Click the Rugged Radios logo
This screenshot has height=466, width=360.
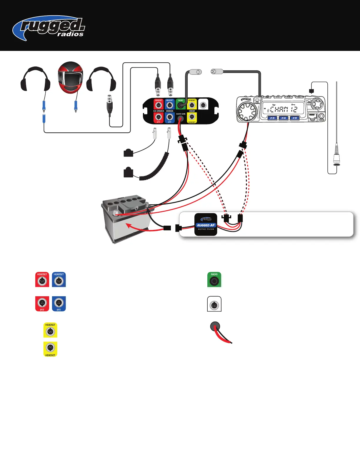(x=49, y=28)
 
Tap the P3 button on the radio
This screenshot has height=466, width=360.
(x=272, y=118)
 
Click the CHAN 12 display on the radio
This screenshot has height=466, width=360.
(x=283, y=109)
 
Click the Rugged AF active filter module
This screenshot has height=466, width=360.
(x=206, y=225)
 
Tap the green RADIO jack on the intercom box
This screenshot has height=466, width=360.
(x=181, y=105)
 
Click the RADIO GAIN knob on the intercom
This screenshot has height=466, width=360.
(x=181, y=118)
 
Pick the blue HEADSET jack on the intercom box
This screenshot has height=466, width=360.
(x=170, y=105)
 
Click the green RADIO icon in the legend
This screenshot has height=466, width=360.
(x=214, y=280)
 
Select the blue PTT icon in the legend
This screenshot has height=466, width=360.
(x=59, y=304)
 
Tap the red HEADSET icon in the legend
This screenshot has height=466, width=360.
(x=42, y=280)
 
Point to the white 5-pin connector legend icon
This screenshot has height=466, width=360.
(x=214, y=304)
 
